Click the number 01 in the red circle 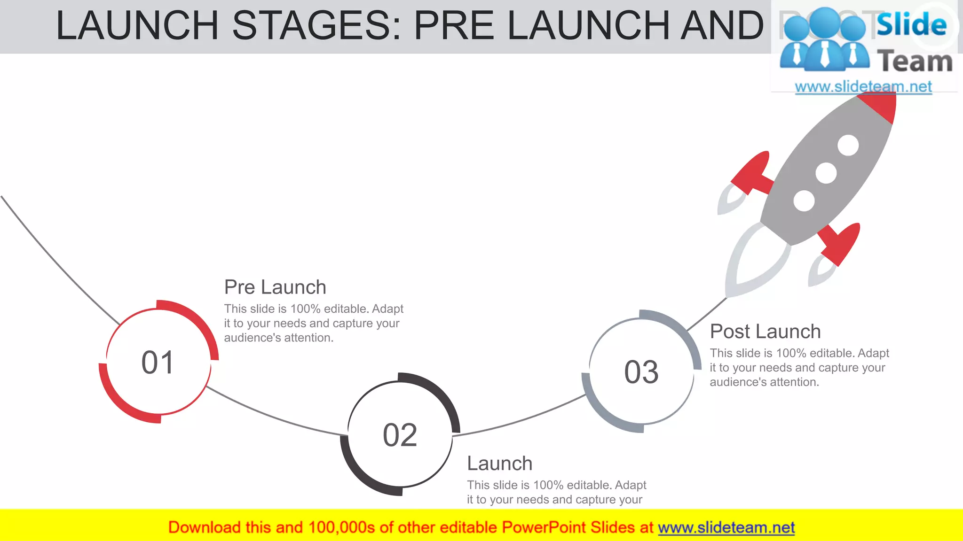158,363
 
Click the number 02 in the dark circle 400,435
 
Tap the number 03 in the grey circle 641,372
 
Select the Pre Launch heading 275,287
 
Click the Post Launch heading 765,332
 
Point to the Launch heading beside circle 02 499,464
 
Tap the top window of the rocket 848,145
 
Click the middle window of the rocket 826,173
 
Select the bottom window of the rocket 804,201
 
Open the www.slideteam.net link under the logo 863,87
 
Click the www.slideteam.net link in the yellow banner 726,528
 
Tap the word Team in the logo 915,62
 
